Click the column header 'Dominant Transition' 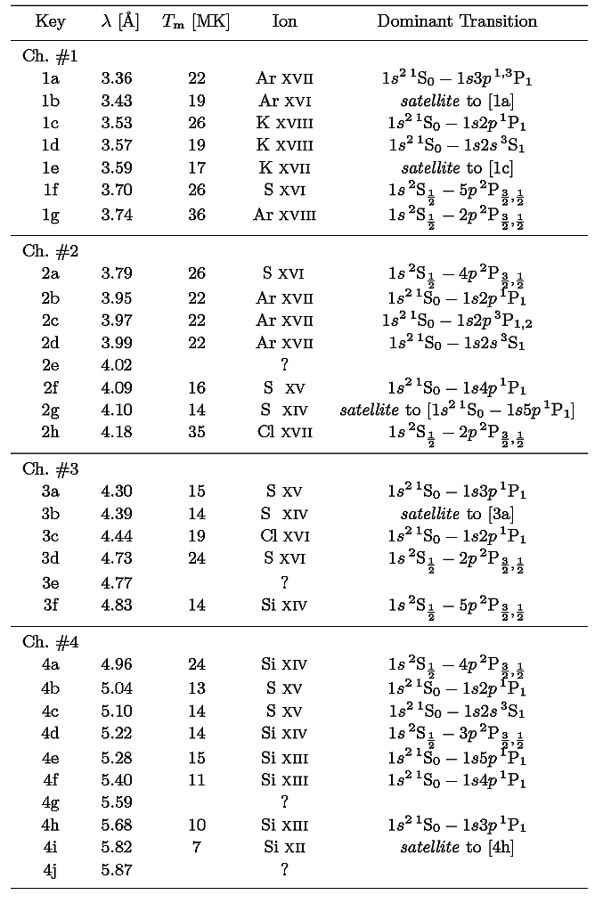[457, 21]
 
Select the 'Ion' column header [284, 21]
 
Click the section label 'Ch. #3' [51, 469]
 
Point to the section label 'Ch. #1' [51, 57]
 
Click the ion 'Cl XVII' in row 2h [284, 433]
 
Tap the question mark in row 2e [284, 365]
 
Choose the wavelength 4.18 [117, 433]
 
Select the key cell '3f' [51, 606]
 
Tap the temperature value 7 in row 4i [197, 847]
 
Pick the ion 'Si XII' [284, 847]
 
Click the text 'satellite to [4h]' [457, 847]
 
